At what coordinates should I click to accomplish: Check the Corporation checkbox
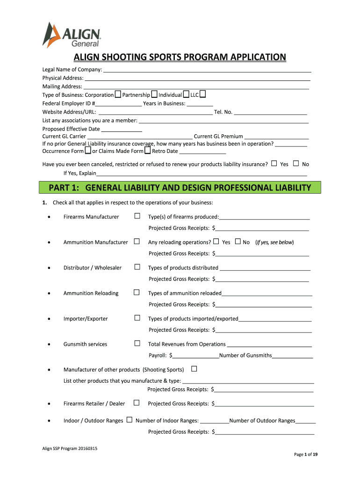coord(118,94)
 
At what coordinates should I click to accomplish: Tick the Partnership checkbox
coord(154,94)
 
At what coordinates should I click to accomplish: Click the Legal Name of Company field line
coord(207,70)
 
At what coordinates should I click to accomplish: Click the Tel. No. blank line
coord(270,112)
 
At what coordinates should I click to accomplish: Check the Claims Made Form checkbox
coord(147,151)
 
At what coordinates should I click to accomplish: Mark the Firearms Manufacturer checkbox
coord(137,216)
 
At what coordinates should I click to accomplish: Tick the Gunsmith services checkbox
coord(137,343)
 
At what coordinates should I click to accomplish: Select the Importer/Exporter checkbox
coord(137,318)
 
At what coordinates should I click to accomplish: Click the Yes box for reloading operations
coord(216,242)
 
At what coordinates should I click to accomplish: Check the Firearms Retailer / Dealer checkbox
coord(137,403)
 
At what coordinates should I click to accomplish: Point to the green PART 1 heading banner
coord(180,188)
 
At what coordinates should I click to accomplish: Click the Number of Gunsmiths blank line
coord(292,356)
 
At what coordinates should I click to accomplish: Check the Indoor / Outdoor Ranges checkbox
coord(129,420)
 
